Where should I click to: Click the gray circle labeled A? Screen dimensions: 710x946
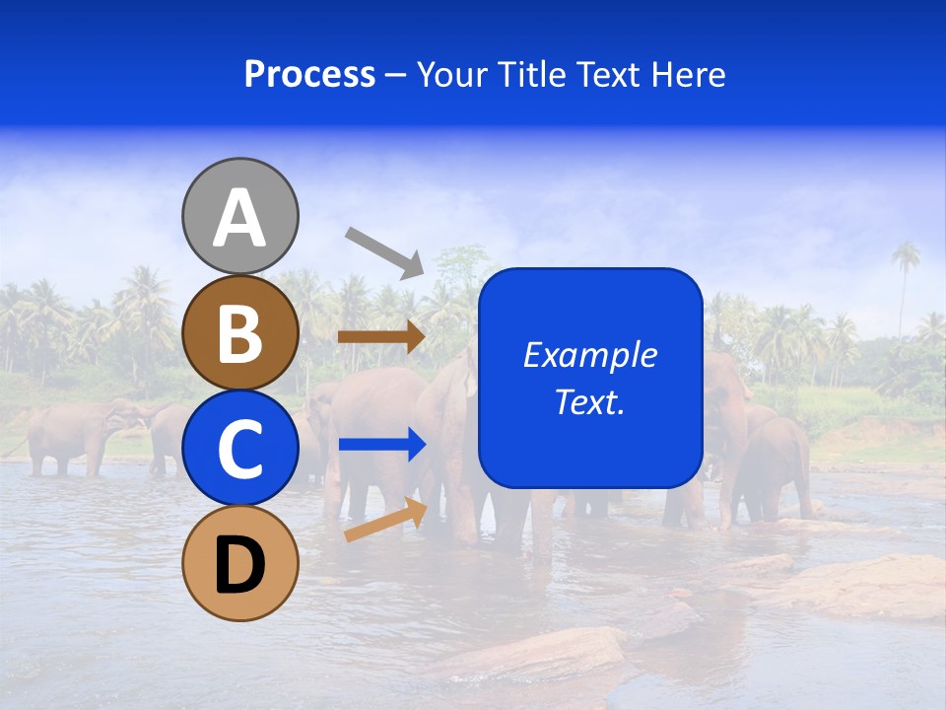(x=239, y=216)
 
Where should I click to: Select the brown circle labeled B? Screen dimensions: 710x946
(x=239, y=332)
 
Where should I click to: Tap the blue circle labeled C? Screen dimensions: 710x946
(x=239, y=448)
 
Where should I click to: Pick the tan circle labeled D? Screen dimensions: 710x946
(x=239, y=563)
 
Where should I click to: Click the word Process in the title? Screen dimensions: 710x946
(x=309, y=74)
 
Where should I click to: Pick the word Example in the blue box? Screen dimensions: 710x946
(x=589, y=355)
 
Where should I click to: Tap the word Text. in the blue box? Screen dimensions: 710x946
(x=589, y=402)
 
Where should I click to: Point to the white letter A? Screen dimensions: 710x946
(x=239, y=218)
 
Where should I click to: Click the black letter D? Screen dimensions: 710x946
(x=239, y=565)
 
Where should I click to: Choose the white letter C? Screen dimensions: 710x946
(x=239, y=450)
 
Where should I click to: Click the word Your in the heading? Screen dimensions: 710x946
(x=452, y=74)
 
